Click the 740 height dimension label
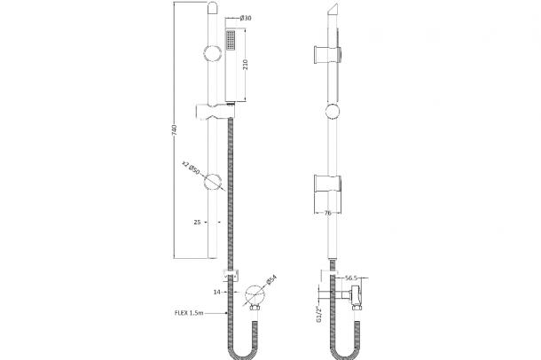click(x=175, y=130)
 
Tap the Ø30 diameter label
click(x=246, y=18)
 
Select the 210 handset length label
click(x=246, y=64)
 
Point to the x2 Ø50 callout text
click(x=191, y=168)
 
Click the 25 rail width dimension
click(x=197, y=223)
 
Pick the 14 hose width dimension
click(x=216, y=292)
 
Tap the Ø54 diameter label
click(x=271, y=280)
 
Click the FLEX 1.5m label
click(x=189, y=313)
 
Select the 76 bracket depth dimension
click(x=328, y=213)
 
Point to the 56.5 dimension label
click(x=351, y=278)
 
